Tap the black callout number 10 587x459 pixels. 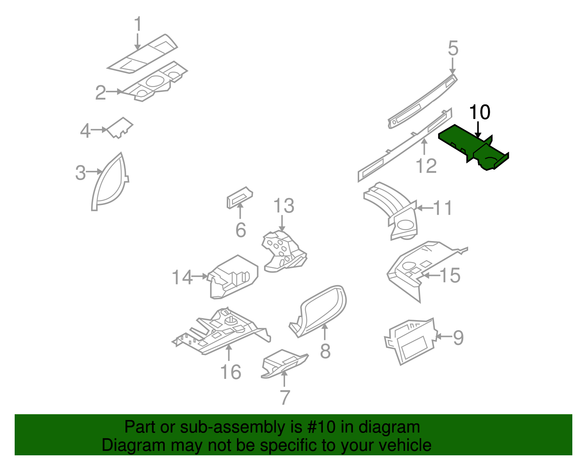click(x=480, y=112)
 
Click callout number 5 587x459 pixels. click(x=453, y=49)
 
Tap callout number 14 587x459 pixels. click(x=182, y=277)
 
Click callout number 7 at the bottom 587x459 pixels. click(x=285, y=397)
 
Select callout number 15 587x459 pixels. click(x=450, y=275)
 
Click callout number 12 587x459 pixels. click(x=426, y=166)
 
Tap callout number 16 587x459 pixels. click(x=231, y=372)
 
